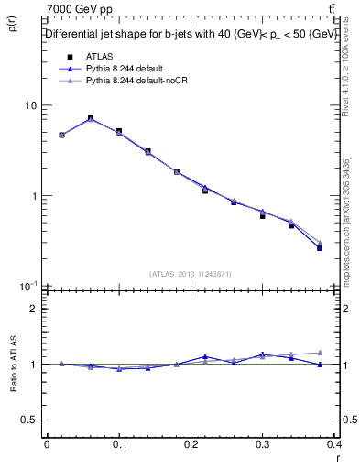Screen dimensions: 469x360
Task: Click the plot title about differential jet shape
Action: coord(191,34)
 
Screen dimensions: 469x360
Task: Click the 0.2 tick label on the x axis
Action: coord(191,445)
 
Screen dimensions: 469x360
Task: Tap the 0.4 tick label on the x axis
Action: coord(335,445)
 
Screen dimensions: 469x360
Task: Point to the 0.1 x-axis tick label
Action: coord(118,445)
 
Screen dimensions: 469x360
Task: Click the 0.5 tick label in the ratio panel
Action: coord(30,420)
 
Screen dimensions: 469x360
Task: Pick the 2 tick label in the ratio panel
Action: coord(35,310)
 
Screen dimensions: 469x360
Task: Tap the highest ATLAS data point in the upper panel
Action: coord(90,118)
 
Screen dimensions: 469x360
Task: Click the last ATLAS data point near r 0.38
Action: coord(320,247)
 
